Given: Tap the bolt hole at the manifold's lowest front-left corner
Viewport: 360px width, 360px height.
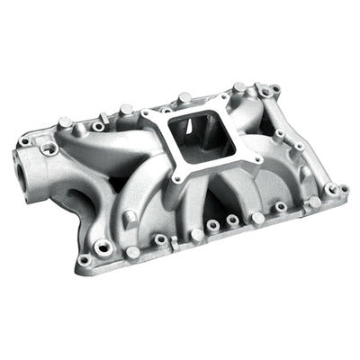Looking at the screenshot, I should point(85,260).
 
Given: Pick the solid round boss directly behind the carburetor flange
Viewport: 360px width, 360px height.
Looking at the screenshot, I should point(184,96).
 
